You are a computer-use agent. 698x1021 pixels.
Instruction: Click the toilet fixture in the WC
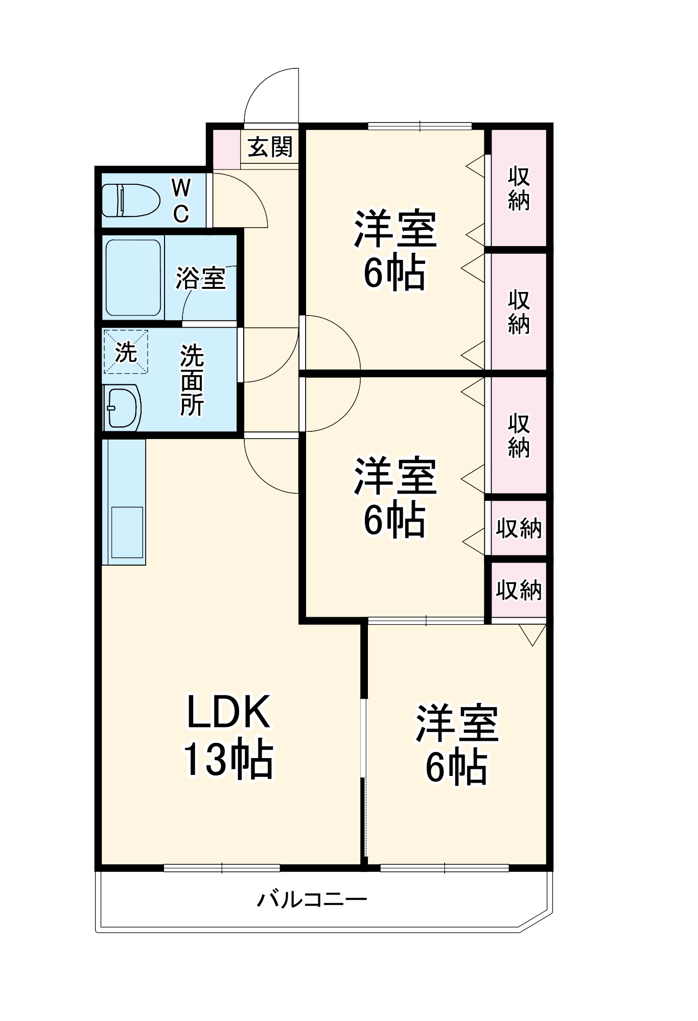pyautogui.click(x=130, y=200)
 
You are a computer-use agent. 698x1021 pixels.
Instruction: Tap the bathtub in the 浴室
pyautogui.click(x=133, y=278)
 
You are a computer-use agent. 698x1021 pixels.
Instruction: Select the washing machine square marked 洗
pyautogui.click(x=126, y=352)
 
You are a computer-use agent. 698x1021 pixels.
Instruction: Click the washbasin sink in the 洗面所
pyautogui.click(x=122, y=408)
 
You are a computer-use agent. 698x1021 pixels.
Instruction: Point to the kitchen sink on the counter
pyautogui.click(x=127, y=532)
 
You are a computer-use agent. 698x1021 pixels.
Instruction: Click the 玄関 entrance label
pyautogui.click(x=270, y=148)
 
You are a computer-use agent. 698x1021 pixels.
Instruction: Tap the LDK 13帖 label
pyautogui.click(x=228, y=736)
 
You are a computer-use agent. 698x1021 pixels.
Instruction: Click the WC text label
pyautogui.click(x=181, y=201)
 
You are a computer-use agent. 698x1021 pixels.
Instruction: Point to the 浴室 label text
pyautogui.click(x=200, y=278)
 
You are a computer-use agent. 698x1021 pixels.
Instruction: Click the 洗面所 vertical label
pyautogui.click(x=191, y=380)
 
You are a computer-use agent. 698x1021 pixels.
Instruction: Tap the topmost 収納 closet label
pyautogui.click(x=518, y=188)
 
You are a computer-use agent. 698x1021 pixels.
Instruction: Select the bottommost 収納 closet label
pyautogui.click(x=518, y=590)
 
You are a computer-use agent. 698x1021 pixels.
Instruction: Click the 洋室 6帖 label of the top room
pyautogui.click(x=394, y=250)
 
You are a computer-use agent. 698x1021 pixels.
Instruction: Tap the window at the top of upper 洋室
pyautogui.click(x=420, y=126)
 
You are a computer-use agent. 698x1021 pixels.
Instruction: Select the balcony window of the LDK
pyautogui.click(x=222, y=867)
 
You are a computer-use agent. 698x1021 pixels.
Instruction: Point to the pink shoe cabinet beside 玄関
pyautogui.click(x=226, y=150)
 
